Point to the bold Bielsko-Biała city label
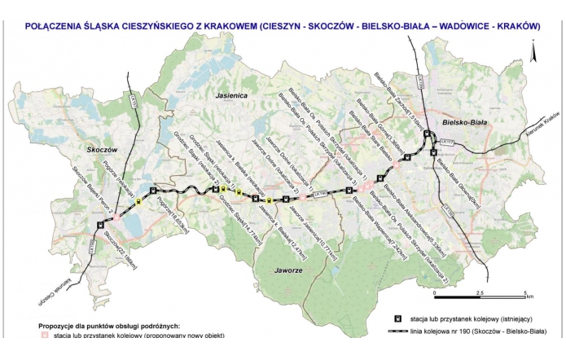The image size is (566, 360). click(x=464, y=121)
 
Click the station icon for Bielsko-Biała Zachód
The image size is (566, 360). click(x=427, y=134)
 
